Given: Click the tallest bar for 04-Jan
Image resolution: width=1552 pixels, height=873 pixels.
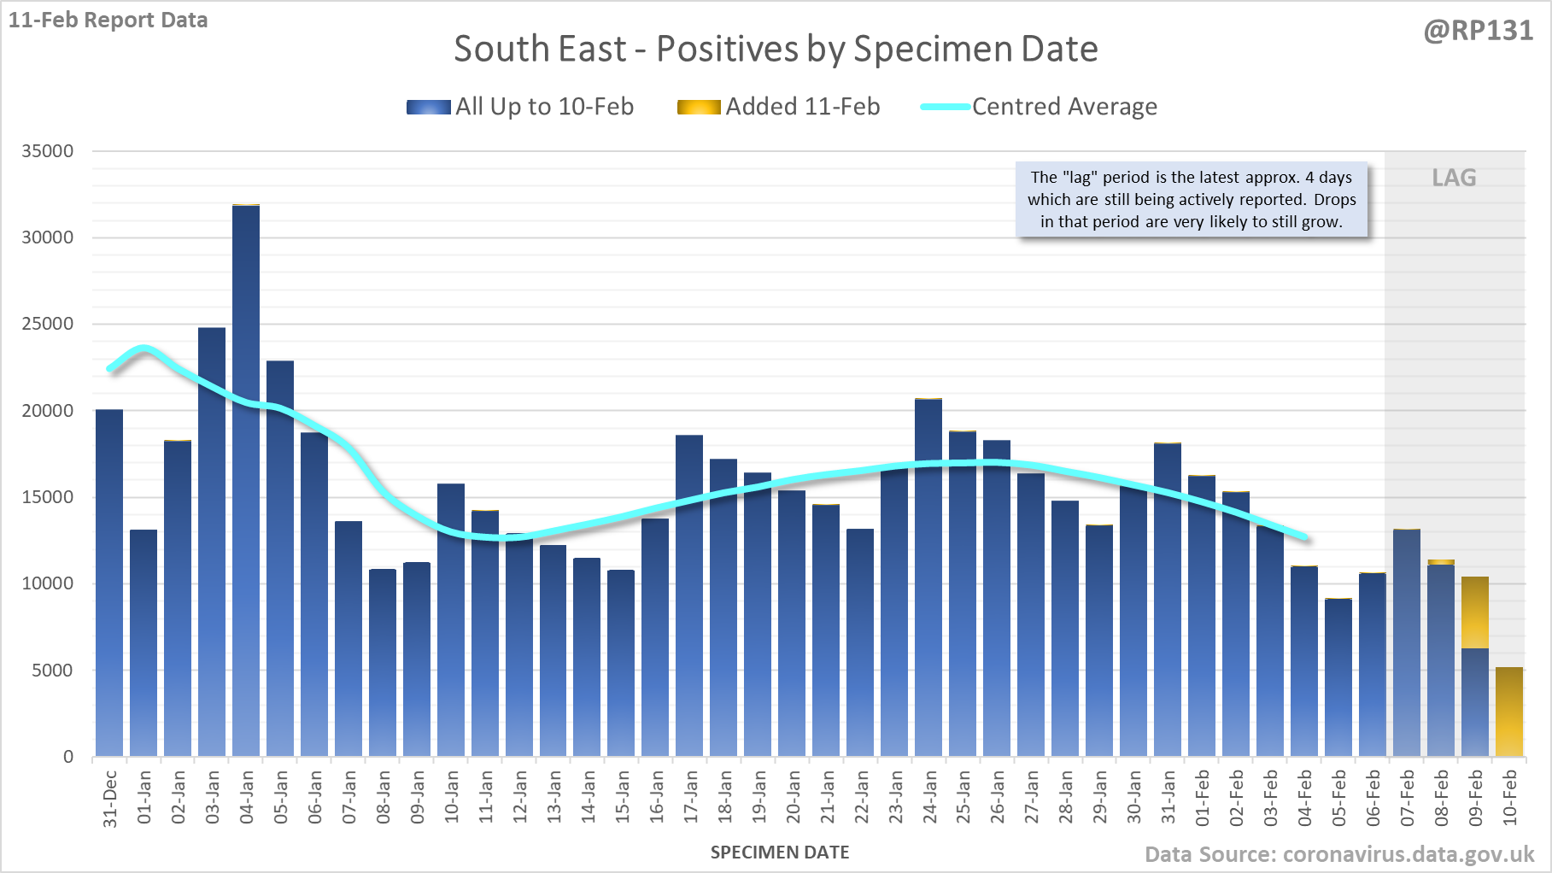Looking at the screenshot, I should coord(246,478).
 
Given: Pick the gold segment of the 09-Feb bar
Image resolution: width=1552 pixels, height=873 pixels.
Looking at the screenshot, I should coord(1475,612).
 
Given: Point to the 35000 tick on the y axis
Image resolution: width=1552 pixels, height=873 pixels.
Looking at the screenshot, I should coord(48,151).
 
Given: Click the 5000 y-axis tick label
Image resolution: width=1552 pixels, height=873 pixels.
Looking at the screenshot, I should coord(52,671).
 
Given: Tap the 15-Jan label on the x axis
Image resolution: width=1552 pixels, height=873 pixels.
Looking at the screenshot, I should coord(623,797).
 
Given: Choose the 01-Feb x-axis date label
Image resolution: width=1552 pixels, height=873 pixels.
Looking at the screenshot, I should coord(1203,797).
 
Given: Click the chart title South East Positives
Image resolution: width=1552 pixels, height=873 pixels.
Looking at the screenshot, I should coord(776,49).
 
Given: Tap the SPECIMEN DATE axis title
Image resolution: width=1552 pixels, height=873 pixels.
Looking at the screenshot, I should coord(780,852).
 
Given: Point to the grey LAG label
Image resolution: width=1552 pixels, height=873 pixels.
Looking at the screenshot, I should coord(1454,178).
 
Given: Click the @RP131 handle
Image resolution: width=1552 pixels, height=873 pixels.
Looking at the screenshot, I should coord(1479,31).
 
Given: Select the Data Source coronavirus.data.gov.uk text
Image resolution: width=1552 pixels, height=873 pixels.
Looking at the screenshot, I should coord(1339,854).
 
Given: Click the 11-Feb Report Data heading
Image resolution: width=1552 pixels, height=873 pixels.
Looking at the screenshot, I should coord(108,20).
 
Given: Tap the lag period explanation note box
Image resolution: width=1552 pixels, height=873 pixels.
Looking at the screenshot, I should coord(1192,200).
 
